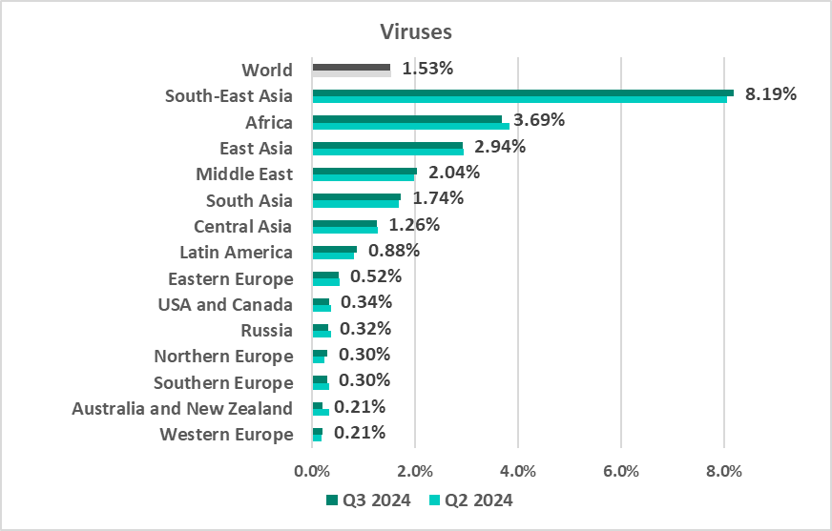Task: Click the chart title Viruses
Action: (416, 31)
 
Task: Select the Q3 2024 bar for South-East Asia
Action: (522, 92)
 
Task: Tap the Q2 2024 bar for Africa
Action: (410, 125)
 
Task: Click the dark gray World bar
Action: (351, 67)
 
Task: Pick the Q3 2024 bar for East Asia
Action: (387, 145)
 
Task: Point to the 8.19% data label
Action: (771, 94)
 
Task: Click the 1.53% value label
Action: (426, 69)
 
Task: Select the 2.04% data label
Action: (453, 173)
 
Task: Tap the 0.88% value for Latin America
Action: (393, 251)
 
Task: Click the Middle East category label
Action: (244, 174)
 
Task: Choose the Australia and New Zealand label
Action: (182, 408)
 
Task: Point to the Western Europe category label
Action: (226, 435)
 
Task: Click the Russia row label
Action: (267, 330)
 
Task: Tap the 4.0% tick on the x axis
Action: (517, 471)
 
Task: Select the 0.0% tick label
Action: (312, 471)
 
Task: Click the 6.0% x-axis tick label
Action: (620, 471)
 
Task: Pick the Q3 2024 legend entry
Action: (368, 500)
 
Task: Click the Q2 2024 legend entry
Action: (471, 500)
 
